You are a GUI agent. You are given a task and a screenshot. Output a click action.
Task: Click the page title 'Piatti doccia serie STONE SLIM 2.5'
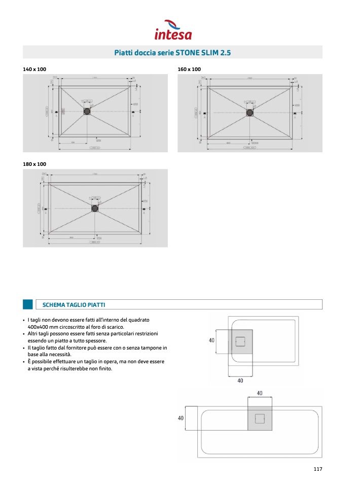[173, 52]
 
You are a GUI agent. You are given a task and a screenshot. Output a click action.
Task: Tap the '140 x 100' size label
[34, 69]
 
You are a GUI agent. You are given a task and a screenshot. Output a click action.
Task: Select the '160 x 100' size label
[189, 69]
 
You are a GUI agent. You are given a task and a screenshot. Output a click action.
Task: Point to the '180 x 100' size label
[34, 164]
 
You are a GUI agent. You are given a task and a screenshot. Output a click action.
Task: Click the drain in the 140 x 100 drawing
[87, 111]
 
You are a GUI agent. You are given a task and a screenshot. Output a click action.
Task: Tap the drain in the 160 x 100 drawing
[249, 113]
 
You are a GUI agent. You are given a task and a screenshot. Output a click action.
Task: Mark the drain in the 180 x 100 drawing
[95, 207]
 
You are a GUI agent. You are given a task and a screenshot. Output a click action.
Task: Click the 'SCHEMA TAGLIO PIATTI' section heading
[74, 304]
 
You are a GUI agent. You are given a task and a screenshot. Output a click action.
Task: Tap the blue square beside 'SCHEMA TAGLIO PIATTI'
[28, 304]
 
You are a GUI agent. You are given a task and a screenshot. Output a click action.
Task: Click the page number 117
[317, 469]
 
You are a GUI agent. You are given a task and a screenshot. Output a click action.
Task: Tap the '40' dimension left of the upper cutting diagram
[212, 340]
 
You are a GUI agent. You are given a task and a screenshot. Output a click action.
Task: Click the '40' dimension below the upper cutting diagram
[240, 380]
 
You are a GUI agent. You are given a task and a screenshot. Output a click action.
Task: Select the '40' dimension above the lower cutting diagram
[260, 393]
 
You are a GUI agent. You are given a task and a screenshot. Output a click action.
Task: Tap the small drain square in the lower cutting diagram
[260, 419]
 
